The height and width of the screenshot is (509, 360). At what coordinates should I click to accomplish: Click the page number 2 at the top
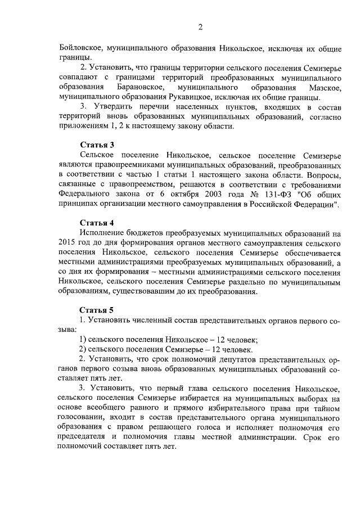tap(200, 27)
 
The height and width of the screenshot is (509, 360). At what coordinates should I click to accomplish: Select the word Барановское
tap(141, 87)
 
